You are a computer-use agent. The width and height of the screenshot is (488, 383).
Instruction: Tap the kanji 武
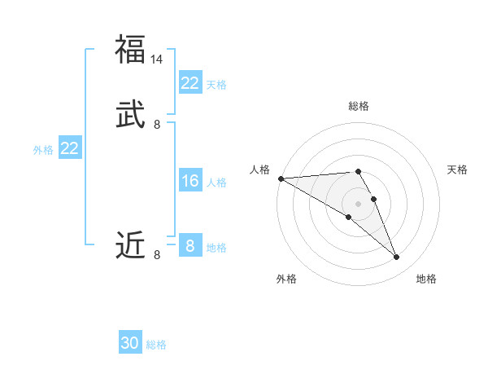coord(130,114)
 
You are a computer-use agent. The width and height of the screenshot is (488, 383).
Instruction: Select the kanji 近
coord(130,244)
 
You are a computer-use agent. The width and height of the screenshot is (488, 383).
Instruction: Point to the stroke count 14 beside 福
coord(157,59)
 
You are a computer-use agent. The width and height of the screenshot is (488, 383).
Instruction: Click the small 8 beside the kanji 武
coord(157,125)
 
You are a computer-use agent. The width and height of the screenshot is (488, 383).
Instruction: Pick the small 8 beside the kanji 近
coord(157,255)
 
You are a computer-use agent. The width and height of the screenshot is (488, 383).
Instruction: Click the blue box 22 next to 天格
coord(190,83)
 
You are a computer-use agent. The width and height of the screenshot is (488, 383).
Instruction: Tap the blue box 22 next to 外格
coord(69,148)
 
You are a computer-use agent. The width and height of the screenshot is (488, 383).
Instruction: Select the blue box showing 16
coord(190,181)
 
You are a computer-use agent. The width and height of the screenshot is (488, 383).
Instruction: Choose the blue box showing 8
coord(190,246)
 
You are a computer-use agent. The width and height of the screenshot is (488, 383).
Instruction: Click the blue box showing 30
coord(130,343)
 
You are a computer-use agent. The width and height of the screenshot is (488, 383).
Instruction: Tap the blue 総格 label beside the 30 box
coord(156,345)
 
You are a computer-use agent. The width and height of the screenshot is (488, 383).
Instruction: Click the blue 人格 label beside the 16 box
coord(216,183)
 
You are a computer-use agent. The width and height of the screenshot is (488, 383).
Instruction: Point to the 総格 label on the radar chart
coord(359,106)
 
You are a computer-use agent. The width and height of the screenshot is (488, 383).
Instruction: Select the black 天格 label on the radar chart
coord(457,169)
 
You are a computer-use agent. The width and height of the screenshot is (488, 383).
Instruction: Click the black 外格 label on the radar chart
coord(286,279)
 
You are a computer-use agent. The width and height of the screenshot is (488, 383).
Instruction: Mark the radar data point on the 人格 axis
coord(281,178)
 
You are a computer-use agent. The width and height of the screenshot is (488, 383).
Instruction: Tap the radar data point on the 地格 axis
coord(397,258)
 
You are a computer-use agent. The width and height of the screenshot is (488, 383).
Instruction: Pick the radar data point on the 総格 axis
coord(359,171)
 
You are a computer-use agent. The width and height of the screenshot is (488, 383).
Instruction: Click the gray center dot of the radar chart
coord(359,203)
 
